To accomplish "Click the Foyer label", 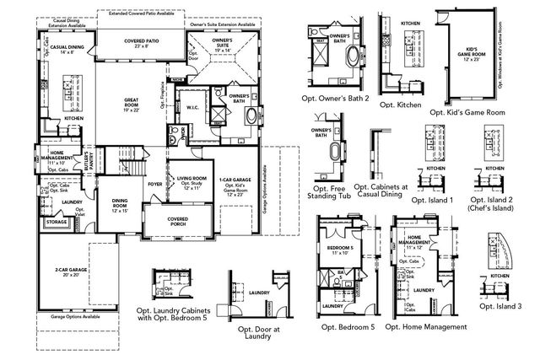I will (154, 182).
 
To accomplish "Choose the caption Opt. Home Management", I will (429, 326).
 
